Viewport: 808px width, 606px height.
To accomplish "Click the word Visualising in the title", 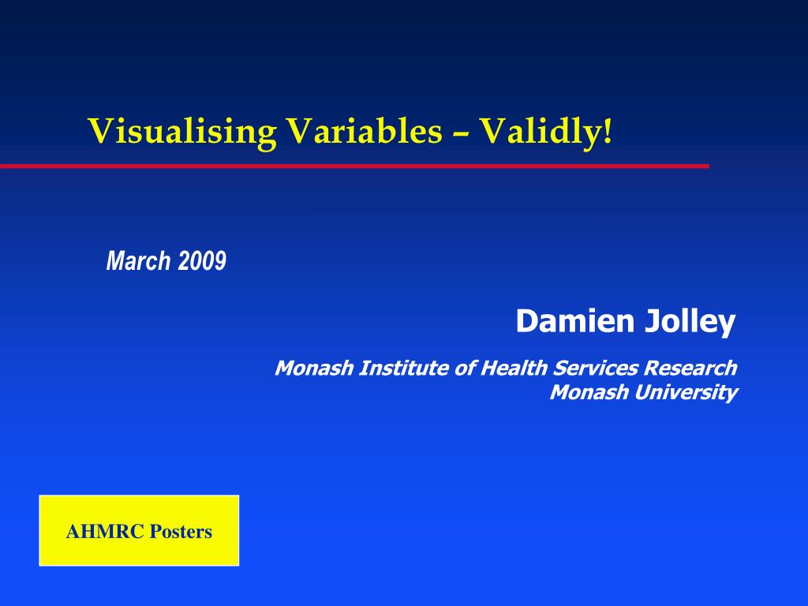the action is pyautogui.click(x=182, y=132).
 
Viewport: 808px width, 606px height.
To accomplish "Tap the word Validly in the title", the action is pyautogui.click(x=541, y=132).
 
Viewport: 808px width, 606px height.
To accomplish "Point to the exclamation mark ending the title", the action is pyautogui.click(x=608, y=130).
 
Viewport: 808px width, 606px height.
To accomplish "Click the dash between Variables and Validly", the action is pyautogui.click(x=461, y=136).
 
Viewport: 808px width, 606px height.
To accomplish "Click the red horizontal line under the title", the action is pyautogui.click(x=354, y=166).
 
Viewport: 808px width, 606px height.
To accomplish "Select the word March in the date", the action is pyautogui.click(x=138, y=260).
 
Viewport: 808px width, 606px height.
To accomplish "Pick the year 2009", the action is pyautogui.click(x=202, y=260).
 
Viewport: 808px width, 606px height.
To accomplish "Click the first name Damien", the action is pyautogui.click(x=575, y=320).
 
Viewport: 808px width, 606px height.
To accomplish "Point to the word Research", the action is pyautogui.click(x=690, y=368).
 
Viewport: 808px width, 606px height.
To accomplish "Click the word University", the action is pyautogui.click(x=686, y=393).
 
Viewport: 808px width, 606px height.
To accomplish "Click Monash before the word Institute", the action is pyautogui.click(x=314, y=368).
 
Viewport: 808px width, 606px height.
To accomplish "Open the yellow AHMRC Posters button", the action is pyautogui.click(x=139, y=531).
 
